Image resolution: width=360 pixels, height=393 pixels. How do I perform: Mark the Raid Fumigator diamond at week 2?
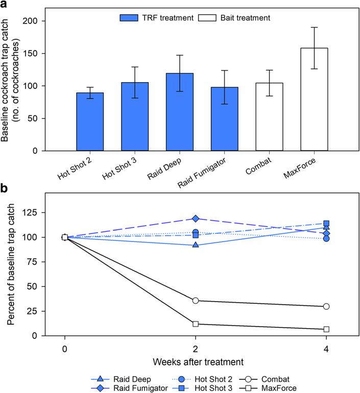pyautogui.click(x=195, y=218)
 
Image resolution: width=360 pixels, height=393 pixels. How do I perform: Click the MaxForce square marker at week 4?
pyautogui.click(x=326, y=329)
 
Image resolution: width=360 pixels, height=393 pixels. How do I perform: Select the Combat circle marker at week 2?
pyautogui.click(x=195, y=301)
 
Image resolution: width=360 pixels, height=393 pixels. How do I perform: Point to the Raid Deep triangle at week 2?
pyautogui.click(x=195, y=245)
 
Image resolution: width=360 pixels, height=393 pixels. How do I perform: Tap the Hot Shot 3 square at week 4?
pyautogui.click(x=326, y=223)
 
